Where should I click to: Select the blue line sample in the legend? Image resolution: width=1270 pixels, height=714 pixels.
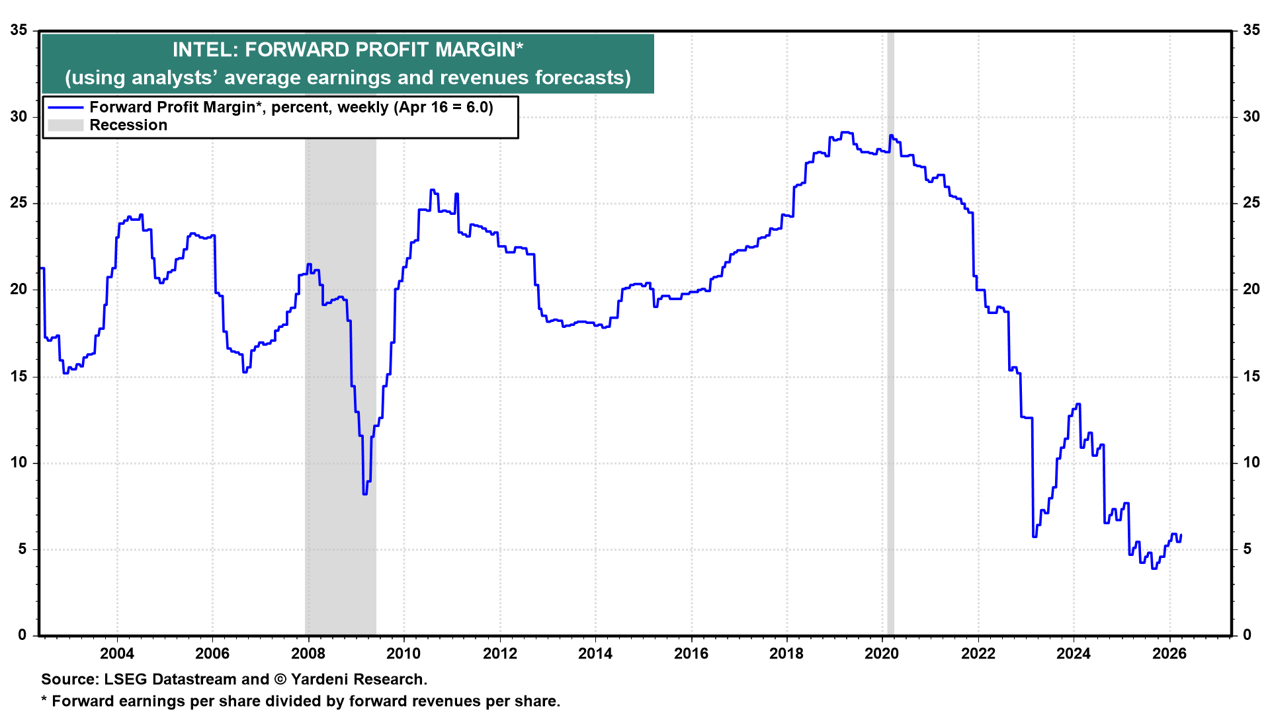pyautogui.click(x=65, y=107)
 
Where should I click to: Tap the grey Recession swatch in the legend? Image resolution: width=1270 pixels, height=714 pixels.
pyautogui.click(x=65, y=125)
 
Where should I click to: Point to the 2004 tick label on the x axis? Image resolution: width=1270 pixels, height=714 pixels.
pyautogui.click(x=117, y=654)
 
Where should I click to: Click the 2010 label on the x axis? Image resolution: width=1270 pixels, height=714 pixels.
pyautogui.click(x=403, y=654)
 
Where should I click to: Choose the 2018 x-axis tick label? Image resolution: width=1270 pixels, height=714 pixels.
pyautogui.click(x=786, y=654)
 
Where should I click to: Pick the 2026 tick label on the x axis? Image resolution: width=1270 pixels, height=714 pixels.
pyautogui.click(x=1169, y=654)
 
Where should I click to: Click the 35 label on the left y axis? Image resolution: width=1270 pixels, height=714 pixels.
pyautogui.click(x=19, y=30)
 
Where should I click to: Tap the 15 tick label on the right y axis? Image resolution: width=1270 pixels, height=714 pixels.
pyautogui.click(x=1251, y=376)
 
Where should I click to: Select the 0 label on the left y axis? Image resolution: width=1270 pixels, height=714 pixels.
pyautogui.click(x=22, y=635)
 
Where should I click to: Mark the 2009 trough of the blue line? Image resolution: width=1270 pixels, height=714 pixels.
pyautogui.click(x=364, y=493)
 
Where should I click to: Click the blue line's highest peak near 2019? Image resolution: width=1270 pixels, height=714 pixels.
pyautogui.click(x=846, y=132)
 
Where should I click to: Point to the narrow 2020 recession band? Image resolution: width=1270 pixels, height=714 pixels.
pyautogui.click(x=890, y=331)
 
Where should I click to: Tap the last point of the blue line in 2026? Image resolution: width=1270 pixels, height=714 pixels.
pyautogui.click(x=1181, y=535)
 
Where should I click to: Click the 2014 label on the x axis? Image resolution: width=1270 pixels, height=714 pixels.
pyautogui.click(x=595, y=654)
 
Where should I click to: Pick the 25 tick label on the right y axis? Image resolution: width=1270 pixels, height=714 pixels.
pyautogui.click(x=1251, y=203)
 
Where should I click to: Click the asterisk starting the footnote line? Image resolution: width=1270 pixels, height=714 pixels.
pyautogui.click(x=44, y=700)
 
